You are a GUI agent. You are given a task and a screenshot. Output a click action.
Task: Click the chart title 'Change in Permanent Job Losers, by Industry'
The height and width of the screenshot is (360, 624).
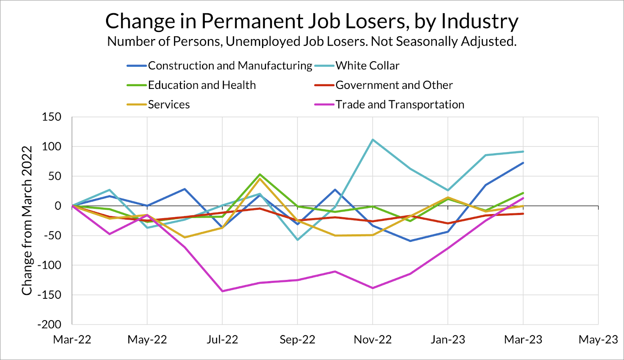[312, 21]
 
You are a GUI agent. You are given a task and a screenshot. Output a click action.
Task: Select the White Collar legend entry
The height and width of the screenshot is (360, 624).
[367, 66]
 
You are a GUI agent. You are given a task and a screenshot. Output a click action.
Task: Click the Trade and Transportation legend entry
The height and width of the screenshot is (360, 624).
[400, 105]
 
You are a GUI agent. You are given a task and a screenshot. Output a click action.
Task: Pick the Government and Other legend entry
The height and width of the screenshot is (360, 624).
[394, 85]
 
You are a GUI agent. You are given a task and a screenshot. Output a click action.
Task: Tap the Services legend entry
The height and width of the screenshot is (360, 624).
[168, 105]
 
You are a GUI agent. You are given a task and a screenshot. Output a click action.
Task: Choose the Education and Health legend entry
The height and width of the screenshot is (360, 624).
[202, 85]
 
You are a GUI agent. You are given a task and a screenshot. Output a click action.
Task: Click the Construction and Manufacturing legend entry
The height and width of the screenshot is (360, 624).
[230, 66]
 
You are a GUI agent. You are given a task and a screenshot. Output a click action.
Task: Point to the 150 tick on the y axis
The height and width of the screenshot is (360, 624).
[51, 117]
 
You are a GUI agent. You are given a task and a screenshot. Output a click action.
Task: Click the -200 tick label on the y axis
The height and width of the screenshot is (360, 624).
[50, 325]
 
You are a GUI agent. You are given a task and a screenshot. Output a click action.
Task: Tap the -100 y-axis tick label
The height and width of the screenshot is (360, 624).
[50, 265]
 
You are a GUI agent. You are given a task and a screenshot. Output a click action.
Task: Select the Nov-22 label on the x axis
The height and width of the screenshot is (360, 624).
[372, 340]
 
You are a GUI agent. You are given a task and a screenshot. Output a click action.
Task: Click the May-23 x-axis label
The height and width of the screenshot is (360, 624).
[598, 340]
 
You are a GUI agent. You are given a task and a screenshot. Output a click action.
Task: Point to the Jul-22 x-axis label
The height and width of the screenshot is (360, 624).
[222, 340]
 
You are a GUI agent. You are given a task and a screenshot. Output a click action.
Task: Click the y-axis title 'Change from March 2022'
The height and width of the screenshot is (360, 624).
[27, 220]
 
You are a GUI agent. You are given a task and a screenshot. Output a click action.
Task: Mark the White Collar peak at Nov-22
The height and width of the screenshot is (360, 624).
[373, 140]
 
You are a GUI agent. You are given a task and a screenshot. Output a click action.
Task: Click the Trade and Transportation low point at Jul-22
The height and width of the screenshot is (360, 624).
[222, 291]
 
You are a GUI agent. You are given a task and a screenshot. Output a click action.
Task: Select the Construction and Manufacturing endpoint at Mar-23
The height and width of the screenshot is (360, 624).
[523, 163]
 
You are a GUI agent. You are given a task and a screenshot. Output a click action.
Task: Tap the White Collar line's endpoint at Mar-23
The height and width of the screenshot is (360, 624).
[523, 151]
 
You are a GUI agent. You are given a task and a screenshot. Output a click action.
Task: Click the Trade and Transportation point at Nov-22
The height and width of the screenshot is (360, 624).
[373, 288]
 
